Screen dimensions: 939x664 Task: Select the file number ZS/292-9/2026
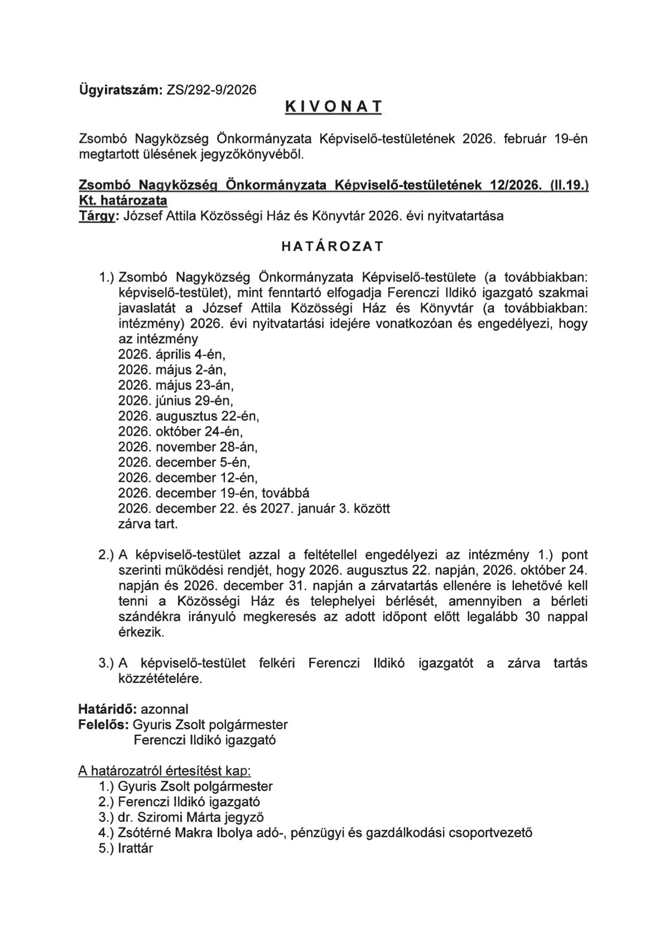click(211, 90)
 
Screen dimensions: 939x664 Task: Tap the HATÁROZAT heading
click(331, 246)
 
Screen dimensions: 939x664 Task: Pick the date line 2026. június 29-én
click(176, 400)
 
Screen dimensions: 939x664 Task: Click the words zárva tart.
click(148, 524)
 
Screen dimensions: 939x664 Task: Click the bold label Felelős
click(103, 725)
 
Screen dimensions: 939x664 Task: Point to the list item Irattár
click(135, 849)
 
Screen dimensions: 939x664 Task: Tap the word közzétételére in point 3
click(160, 679)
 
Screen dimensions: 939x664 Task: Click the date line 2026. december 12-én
click(188, 478)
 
